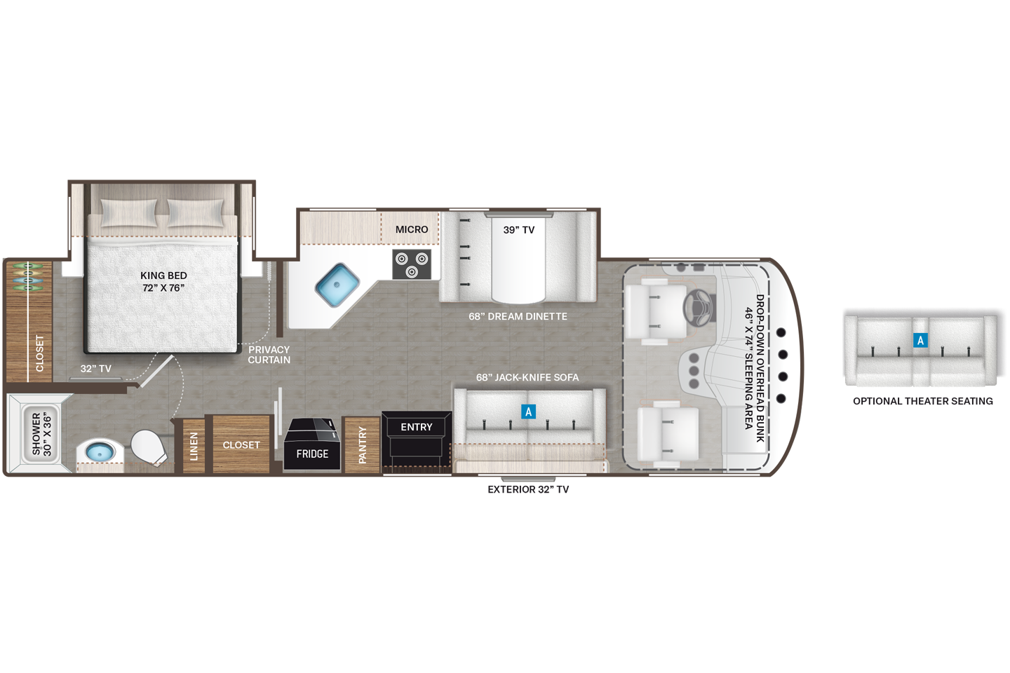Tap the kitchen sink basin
[x=337, y=285]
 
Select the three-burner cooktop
[x=411, y=264]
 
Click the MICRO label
[x=412, y=229]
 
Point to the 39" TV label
[x=519, y=230]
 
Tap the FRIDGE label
[x=312, y=454]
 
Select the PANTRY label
[x=363, y=445]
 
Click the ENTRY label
[x=417, y=427]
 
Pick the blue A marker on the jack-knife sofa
[x=529, y=412]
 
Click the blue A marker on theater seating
[x=920, y=341]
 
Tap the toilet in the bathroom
[x=148, y=447]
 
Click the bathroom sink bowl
[x=99, y=452]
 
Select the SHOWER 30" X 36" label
[x=41, y=435]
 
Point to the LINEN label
[x=194, y=447]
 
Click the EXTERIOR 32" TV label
[x=528, y=489]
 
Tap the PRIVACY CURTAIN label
[x=269, y=355]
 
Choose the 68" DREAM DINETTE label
[x=518, y=316]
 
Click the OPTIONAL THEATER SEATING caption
[x=922, y=401]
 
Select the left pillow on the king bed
[x=129, y=212]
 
